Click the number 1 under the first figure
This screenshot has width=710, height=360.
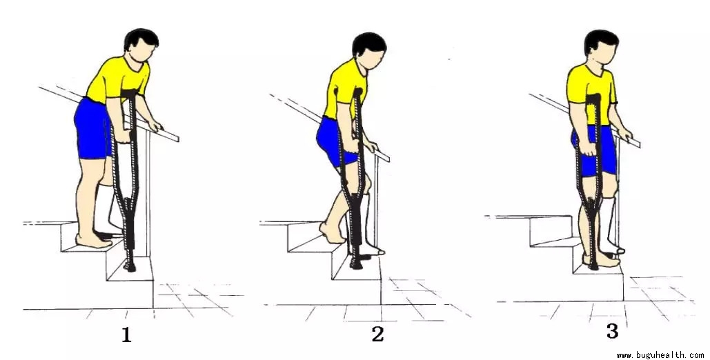(x=126, y=335)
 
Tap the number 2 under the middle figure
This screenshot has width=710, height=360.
(x=377, y=334)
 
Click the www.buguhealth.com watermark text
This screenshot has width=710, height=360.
(x=660, y=355)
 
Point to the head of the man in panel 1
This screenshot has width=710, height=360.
(x=141, y=44)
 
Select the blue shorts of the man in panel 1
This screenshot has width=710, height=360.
(x=92, y=129)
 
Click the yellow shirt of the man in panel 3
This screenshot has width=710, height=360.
(x=590, y=93)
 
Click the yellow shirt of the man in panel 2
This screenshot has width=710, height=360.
(x=345, y=90)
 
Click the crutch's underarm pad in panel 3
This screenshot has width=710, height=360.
(x=593, y=97)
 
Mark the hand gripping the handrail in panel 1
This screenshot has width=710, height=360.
(x=155, y=126)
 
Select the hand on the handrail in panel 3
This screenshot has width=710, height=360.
(x=626, y=133)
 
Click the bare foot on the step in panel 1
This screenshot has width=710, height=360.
(x=93, y=241)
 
